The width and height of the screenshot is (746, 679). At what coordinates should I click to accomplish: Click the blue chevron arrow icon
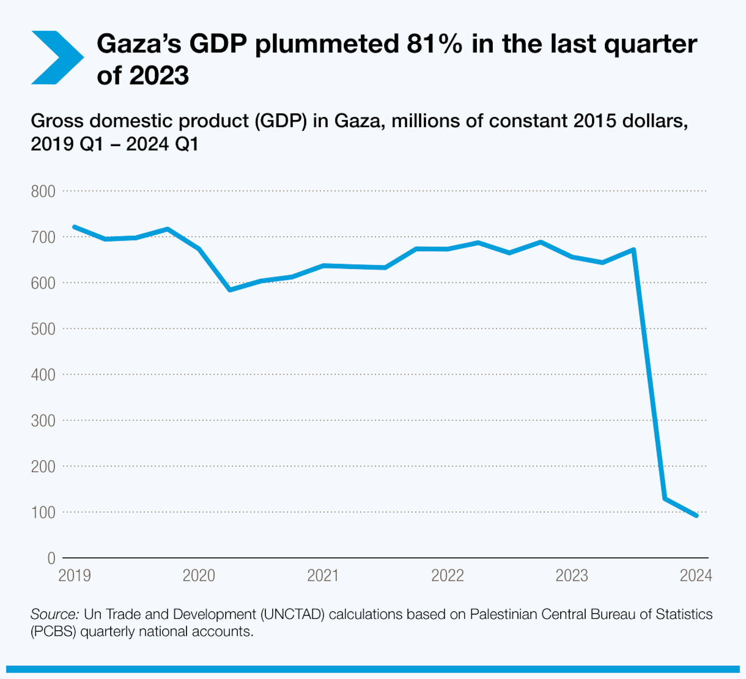click(57, 58)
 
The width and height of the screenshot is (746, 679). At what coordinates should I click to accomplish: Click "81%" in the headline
click(434, 44)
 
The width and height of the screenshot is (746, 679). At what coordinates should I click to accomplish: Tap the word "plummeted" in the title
click(327, 44)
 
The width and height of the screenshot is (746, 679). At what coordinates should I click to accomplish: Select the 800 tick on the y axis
click(43, 192)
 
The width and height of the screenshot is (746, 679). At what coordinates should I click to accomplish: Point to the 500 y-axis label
click(43, 329)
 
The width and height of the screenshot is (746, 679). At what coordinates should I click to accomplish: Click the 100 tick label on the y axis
click(43, 513)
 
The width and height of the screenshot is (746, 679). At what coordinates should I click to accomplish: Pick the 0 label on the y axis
click(51, 559)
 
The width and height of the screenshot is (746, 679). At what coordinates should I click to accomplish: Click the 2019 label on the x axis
click(74, 576)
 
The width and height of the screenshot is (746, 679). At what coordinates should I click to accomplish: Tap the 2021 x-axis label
click(323, 576)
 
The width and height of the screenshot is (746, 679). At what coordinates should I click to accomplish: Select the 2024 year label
click(696, 576)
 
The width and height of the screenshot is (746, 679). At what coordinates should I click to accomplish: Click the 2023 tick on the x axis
click(572, 576)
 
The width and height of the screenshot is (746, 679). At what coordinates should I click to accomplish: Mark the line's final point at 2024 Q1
click(696, 515)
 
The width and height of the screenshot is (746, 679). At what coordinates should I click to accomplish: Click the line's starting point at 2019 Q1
click(75, 227)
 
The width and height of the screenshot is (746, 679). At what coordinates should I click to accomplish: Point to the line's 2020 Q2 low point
click(230, 290)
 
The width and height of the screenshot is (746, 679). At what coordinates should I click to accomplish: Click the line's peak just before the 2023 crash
click(634, 250)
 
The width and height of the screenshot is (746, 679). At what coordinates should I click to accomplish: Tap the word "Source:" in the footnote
click(55, 614)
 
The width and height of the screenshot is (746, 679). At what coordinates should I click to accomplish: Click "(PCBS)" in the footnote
click(53, 632)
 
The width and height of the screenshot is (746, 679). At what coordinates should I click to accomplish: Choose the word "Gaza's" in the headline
click(139, 44)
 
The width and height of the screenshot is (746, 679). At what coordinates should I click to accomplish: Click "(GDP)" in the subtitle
click(281, 121)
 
